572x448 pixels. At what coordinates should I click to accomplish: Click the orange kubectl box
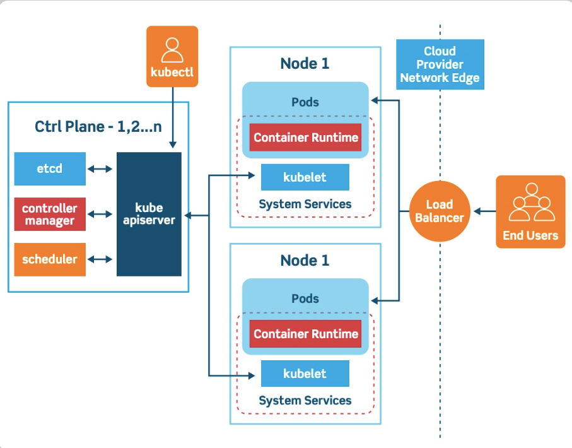(172, 56)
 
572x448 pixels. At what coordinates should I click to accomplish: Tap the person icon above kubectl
(172, 47)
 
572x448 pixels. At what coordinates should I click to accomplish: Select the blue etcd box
(50, 168)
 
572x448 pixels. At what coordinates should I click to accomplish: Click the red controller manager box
(50, 215)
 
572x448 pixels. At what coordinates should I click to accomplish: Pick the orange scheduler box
(50, 259)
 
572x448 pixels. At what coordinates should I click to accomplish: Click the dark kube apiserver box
(149, 214)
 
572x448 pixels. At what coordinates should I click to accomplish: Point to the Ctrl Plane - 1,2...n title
(98, 126)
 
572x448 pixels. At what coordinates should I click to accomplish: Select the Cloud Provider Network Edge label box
(440, 64)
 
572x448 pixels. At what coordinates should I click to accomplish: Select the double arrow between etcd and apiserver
(100, 169)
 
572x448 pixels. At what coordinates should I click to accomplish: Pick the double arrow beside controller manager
(100, 215)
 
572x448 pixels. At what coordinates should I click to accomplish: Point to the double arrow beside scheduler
(100, 259)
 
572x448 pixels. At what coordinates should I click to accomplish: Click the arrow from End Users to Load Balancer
(484, 211)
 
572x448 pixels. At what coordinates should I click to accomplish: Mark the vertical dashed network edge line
(440, 315)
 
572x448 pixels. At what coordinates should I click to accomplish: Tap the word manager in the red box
(50, 221)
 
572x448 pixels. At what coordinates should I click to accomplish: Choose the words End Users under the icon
(530, 235)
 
